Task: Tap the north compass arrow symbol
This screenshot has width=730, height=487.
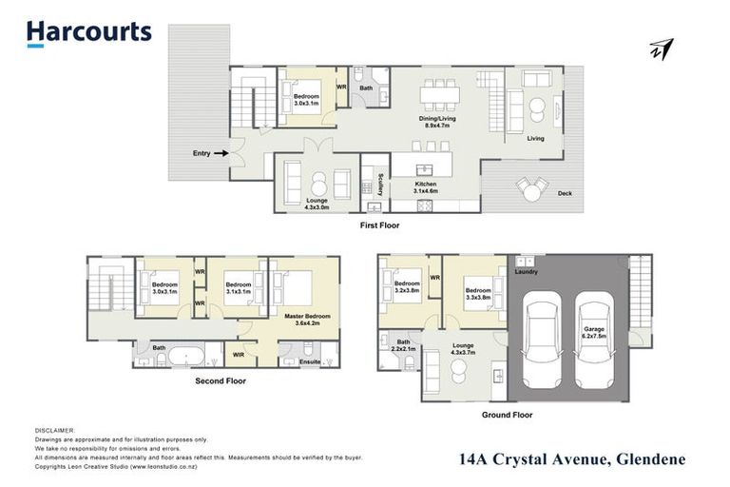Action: pyautogui.click(x=663, y=49)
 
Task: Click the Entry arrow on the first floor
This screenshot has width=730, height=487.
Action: pyautogui.click(x=221, y=152)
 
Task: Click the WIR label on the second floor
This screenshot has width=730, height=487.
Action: pyautogui.click(x=240, y=356)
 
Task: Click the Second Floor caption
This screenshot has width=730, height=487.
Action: pyautogui.click(x=221, y=380)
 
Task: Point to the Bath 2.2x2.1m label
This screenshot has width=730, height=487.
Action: pyautogui.click(x=403, y=344)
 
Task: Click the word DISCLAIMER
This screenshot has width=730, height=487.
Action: pyautogui.click(x=54, y=431)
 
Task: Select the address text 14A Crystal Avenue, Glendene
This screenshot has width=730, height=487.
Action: pyautogui.click(x=571, y=459)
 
